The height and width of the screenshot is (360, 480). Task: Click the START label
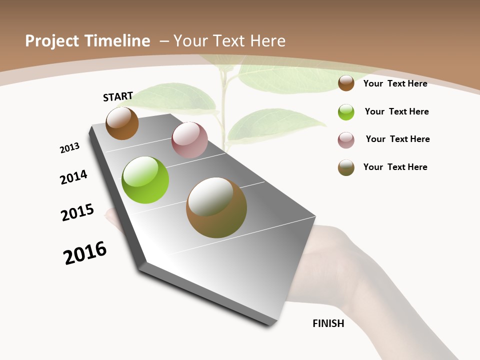pyautogui.click(x=118, y=96)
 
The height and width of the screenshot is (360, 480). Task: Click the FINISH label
pyautogui.click(x=328, y=323)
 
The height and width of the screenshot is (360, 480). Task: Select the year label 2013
pyautogui.click(x=69, y=148)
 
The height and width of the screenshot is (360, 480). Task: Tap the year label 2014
pyautogui.click(x=73, y=177)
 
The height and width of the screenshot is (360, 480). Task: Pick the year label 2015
pyautogui.click(x=77, y=212)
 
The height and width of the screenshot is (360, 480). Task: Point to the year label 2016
pyautogui.click(x=85, y=253)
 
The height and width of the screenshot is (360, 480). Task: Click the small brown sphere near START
pyautogui.click(x=122, y=123)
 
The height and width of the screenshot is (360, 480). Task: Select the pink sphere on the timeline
pyautogui.click(x=189, y=140)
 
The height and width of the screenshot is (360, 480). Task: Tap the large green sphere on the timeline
pyautogui.click(x=145, y=180)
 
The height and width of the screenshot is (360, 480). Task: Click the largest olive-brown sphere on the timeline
pyautogui.click(x=216, y=207)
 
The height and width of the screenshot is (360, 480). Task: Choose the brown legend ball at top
pyautogui.click(x=346, y=83)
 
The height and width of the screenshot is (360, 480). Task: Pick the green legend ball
pyautogui.click(x=346, y=112)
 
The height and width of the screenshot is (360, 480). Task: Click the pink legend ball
pyautogui.click(x=346, y=140)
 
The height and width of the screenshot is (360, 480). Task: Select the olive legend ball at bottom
pyautogui.click(x=346, y=167)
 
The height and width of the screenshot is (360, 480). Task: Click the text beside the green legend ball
pyautogui.click(x=396, y=111)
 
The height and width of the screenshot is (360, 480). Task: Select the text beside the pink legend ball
pyautogui.click(x=397, y=139)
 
